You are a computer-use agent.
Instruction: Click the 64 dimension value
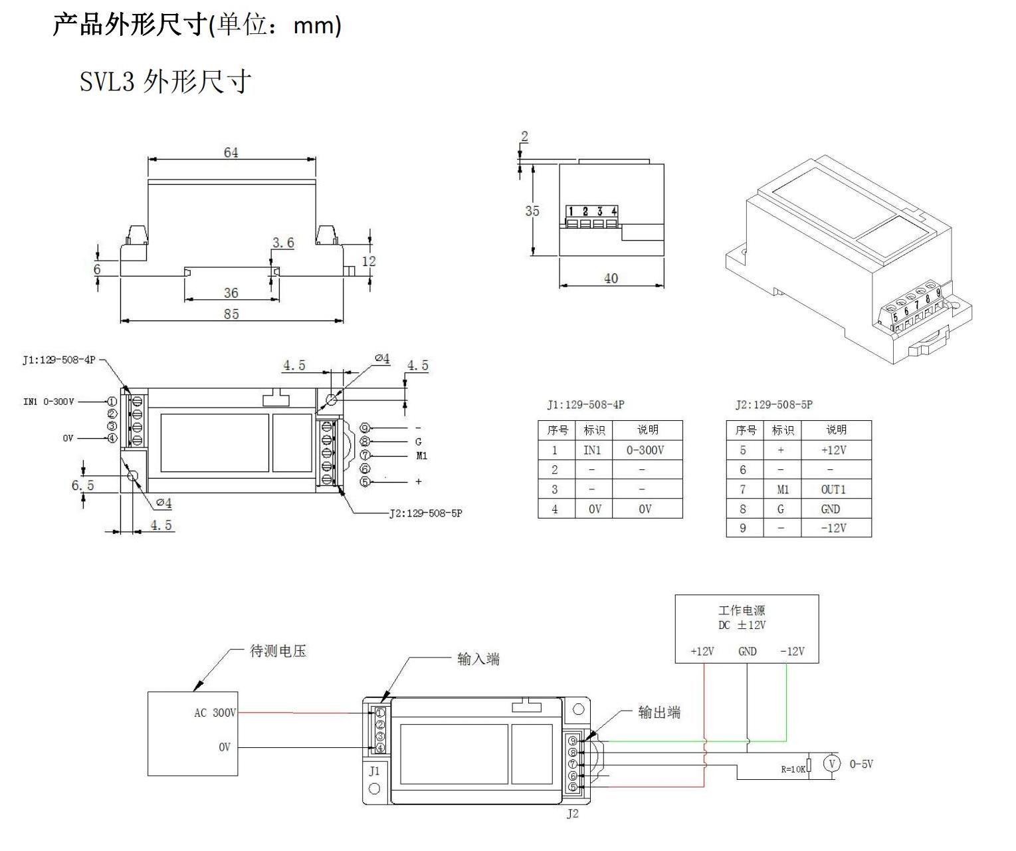[231, 152]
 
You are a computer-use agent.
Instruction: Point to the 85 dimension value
[231, 313]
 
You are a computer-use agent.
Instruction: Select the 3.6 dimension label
[283, 243]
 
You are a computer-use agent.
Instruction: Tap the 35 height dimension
[532, 211]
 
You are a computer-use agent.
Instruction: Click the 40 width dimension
[611, 279]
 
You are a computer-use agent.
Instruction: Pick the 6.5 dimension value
[83, 485]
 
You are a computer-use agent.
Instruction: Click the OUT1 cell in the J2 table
[833, 489]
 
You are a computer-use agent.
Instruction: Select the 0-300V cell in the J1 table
[645, 450]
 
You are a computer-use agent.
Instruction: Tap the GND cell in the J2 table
[831, 509]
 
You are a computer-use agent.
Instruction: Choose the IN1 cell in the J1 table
[591, 450]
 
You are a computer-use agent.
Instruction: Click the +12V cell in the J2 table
[833, 450]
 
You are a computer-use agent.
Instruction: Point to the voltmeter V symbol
[832, 763]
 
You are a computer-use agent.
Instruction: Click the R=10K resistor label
[793, 769]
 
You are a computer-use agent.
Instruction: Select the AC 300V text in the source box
[215, 713]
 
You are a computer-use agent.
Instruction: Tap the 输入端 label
[478, 659]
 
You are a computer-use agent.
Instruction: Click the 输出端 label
[659, 713]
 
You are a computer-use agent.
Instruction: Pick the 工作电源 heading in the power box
[742, 610]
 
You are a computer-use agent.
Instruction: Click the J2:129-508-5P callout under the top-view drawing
[425, 513]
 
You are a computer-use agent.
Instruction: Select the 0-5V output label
[861, 764]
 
